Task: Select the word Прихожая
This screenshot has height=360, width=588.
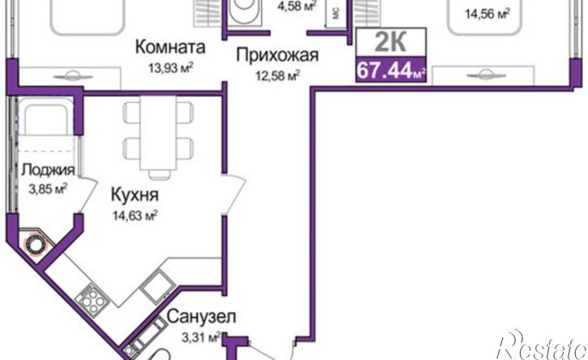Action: pyautogui.click(x=277, y=56)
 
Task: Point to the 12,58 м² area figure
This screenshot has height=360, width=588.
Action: pyautogui.click(x=273, y=76)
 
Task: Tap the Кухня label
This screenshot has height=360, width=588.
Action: pyautogui.click(x=134, y=195)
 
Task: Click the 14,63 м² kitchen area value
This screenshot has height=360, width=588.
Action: pyautogui.click(x=135, y=215)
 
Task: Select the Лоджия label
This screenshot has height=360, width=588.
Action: pyautogui.click(x=48, y=169)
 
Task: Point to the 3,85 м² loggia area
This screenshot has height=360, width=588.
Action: pyautogui.click(x=46, y=187)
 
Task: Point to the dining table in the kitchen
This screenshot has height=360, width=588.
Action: pyautogui.click(x=158, y=135)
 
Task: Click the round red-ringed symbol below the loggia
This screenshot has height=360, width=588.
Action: pyautogui.click(x=36, y=244)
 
